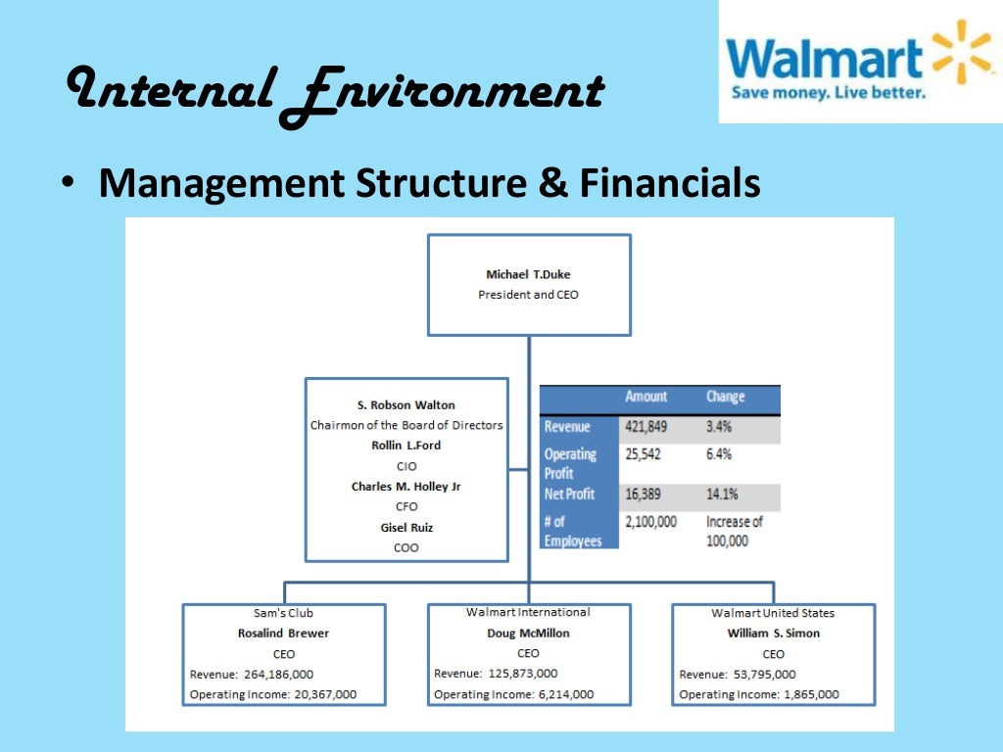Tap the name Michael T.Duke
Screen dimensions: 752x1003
528,275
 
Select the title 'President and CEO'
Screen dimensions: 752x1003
528,295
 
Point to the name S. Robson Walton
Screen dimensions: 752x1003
406,404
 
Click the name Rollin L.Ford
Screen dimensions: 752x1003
406,446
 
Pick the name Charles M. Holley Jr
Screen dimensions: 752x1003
406,487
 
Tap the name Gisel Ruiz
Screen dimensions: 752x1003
406,528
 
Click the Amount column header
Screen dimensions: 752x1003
645,397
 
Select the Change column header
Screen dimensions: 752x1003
726,397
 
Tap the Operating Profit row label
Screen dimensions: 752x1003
571,463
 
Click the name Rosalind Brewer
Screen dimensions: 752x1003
284,634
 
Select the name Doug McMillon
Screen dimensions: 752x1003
528,634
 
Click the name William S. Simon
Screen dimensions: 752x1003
773,634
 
